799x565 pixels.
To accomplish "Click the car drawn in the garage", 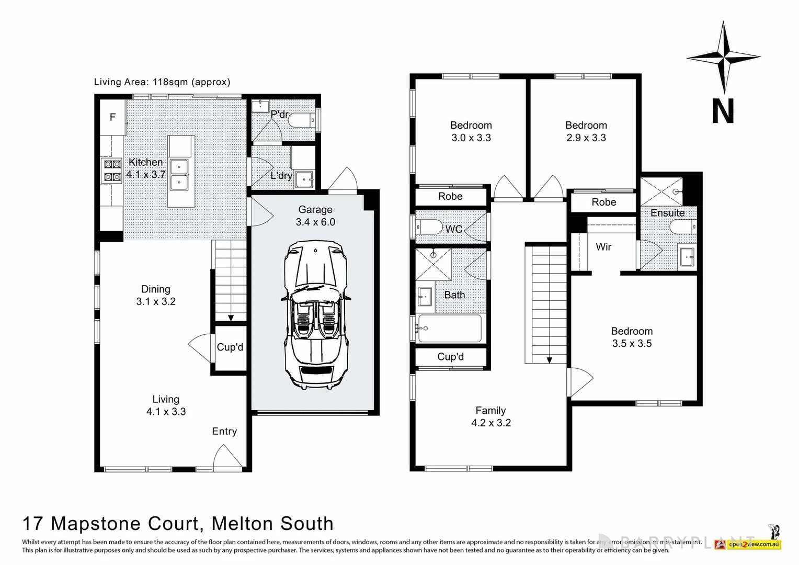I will pos(315,314).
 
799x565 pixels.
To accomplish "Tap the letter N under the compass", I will pos(723,111).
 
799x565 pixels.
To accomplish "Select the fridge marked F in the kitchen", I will pos(112,118).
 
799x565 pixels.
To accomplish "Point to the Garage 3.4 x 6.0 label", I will pos(315,216).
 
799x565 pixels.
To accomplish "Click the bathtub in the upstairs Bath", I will pos(450,329).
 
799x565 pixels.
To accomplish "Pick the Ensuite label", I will pos(667,213).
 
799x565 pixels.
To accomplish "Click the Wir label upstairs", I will pos(603,246).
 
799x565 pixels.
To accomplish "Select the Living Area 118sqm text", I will pos(162,82).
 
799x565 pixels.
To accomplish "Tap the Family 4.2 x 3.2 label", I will pos(490,416).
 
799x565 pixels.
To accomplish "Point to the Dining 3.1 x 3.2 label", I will pos(156,295).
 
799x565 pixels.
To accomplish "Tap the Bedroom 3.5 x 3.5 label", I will pos(632,337).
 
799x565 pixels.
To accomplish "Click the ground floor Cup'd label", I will pos(230,347).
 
